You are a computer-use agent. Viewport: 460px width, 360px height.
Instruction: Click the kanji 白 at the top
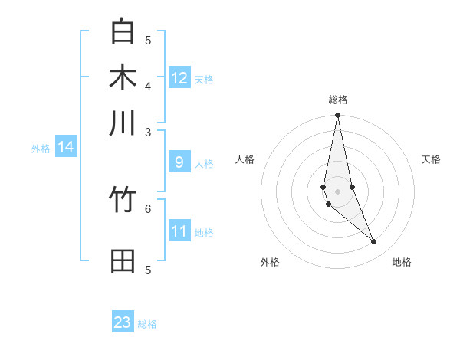coord(123,32)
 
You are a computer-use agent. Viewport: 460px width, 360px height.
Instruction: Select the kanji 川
coord(123,123)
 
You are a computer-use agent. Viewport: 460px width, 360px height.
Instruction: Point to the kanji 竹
coord(123,201)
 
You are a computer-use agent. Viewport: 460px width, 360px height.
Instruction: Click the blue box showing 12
coord(179,78)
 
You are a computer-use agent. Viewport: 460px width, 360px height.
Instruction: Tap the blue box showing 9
coord(179,162)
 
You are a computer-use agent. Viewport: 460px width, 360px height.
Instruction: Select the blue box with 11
coord(179,231)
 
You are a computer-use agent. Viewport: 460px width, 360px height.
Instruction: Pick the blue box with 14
coord(66,147)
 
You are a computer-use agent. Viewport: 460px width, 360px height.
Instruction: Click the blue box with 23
coord(123,322)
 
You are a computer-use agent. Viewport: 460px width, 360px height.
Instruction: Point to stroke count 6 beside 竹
coord(148,208)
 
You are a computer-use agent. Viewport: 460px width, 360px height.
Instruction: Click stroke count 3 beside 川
coord(148,132)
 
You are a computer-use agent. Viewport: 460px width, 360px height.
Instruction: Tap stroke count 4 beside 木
coord(148,85)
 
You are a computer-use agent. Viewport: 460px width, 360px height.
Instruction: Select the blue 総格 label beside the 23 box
coord(147,324)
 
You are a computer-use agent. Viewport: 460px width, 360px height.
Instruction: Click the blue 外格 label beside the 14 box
coord(41,149)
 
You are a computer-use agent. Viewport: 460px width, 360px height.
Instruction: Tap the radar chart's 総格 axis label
coord(337,100)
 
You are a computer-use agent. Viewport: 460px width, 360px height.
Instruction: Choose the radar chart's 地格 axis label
coord(402,262)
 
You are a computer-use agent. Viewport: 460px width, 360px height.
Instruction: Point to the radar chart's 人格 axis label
coord(245,159)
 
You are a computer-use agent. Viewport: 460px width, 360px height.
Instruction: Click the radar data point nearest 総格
coord(337,116)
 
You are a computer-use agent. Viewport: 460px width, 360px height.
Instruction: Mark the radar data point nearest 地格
coord(374,242)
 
